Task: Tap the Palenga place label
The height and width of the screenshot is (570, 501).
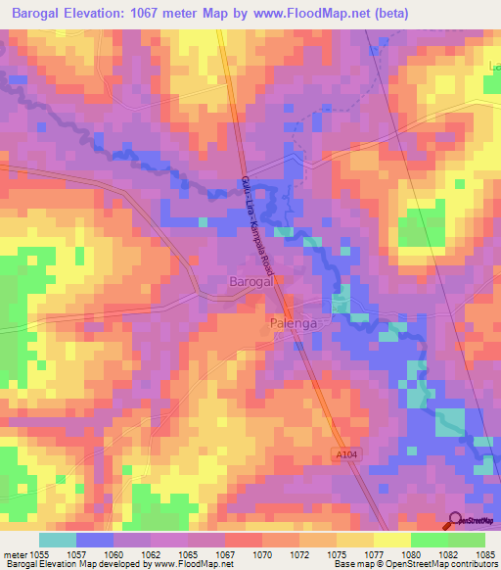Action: click(295, 321)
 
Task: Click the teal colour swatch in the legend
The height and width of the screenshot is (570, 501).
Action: click(57, 540)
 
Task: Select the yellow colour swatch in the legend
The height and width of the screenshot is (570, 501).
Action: click(391, 540)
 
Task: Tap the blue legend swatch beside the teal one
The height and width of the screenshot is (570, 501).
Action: click(94, 540)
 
